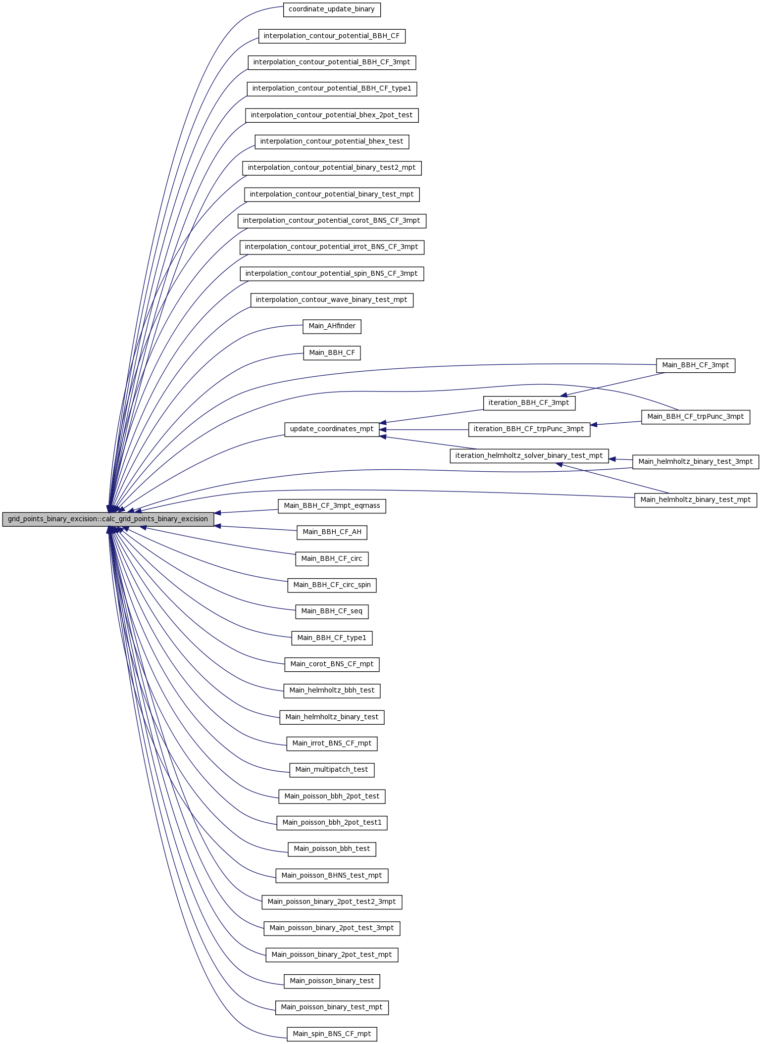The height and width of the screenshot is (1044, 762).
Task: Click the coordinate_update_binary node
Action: (x=332, y=9)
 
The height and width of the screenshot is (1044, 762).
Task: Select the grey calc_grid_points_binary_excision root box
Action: (x=108, y=519)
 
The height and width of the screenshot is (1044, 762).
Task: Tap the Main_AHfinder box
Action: (x=332, y=326)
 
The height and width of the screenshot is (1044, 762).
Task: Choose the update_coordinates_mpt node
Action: (x=332, y=429)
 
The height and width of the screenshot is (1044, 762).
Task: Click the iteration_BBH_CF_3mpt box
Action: (x=529, y=403)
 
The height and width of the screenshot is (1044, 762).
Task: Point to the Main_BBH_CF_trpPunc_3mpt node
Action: (x=696, y=417)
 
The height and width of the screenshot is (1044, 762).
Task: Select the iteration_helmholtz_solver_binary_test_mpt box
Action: (x=529, y=456)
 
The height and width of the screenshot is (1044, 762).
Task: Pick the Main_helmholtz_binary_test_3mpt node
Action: (x=696, y=462)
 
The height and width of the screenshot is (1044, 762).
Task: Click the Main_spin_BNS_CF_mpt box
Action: (x=332, y=1034)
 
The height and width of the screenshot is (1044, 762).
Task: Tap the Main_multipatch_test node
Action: (x=332, y=770)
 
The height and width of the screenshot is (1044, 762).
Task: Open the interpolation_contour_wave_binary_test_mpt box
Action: (x=332, y=300)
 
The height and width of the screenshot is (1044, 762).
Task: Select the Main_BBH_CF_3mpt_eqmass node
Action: (x=332, y=506)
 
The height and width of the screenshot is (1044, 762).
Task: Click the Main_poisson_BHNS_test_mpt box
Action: (x=332, y=875)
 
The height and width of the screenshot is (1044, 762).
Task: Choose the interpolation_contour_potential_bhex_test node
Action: (x=332, y=142)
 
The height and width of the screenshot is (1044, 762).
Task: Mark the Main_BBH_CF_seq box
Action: (x=332, y=611)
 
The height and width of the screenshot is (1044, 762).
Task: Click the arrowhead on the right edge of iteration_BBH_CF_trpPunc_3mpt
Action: (x=594, y=425)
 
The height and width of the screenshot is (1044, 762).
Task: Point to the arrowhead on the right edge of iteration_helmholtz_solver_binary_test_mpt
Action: (x=612, y=459)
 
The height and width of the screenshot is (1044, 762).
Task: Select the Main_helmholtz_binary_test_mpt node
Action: (x=696, y=500)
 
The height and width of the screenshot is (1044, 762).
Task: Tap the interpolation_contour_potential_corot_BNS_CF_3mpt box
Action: (x=332, y=221)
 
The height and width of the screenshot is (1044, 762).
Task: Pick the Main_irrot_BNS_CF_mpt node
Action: (x=332, y=744)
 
